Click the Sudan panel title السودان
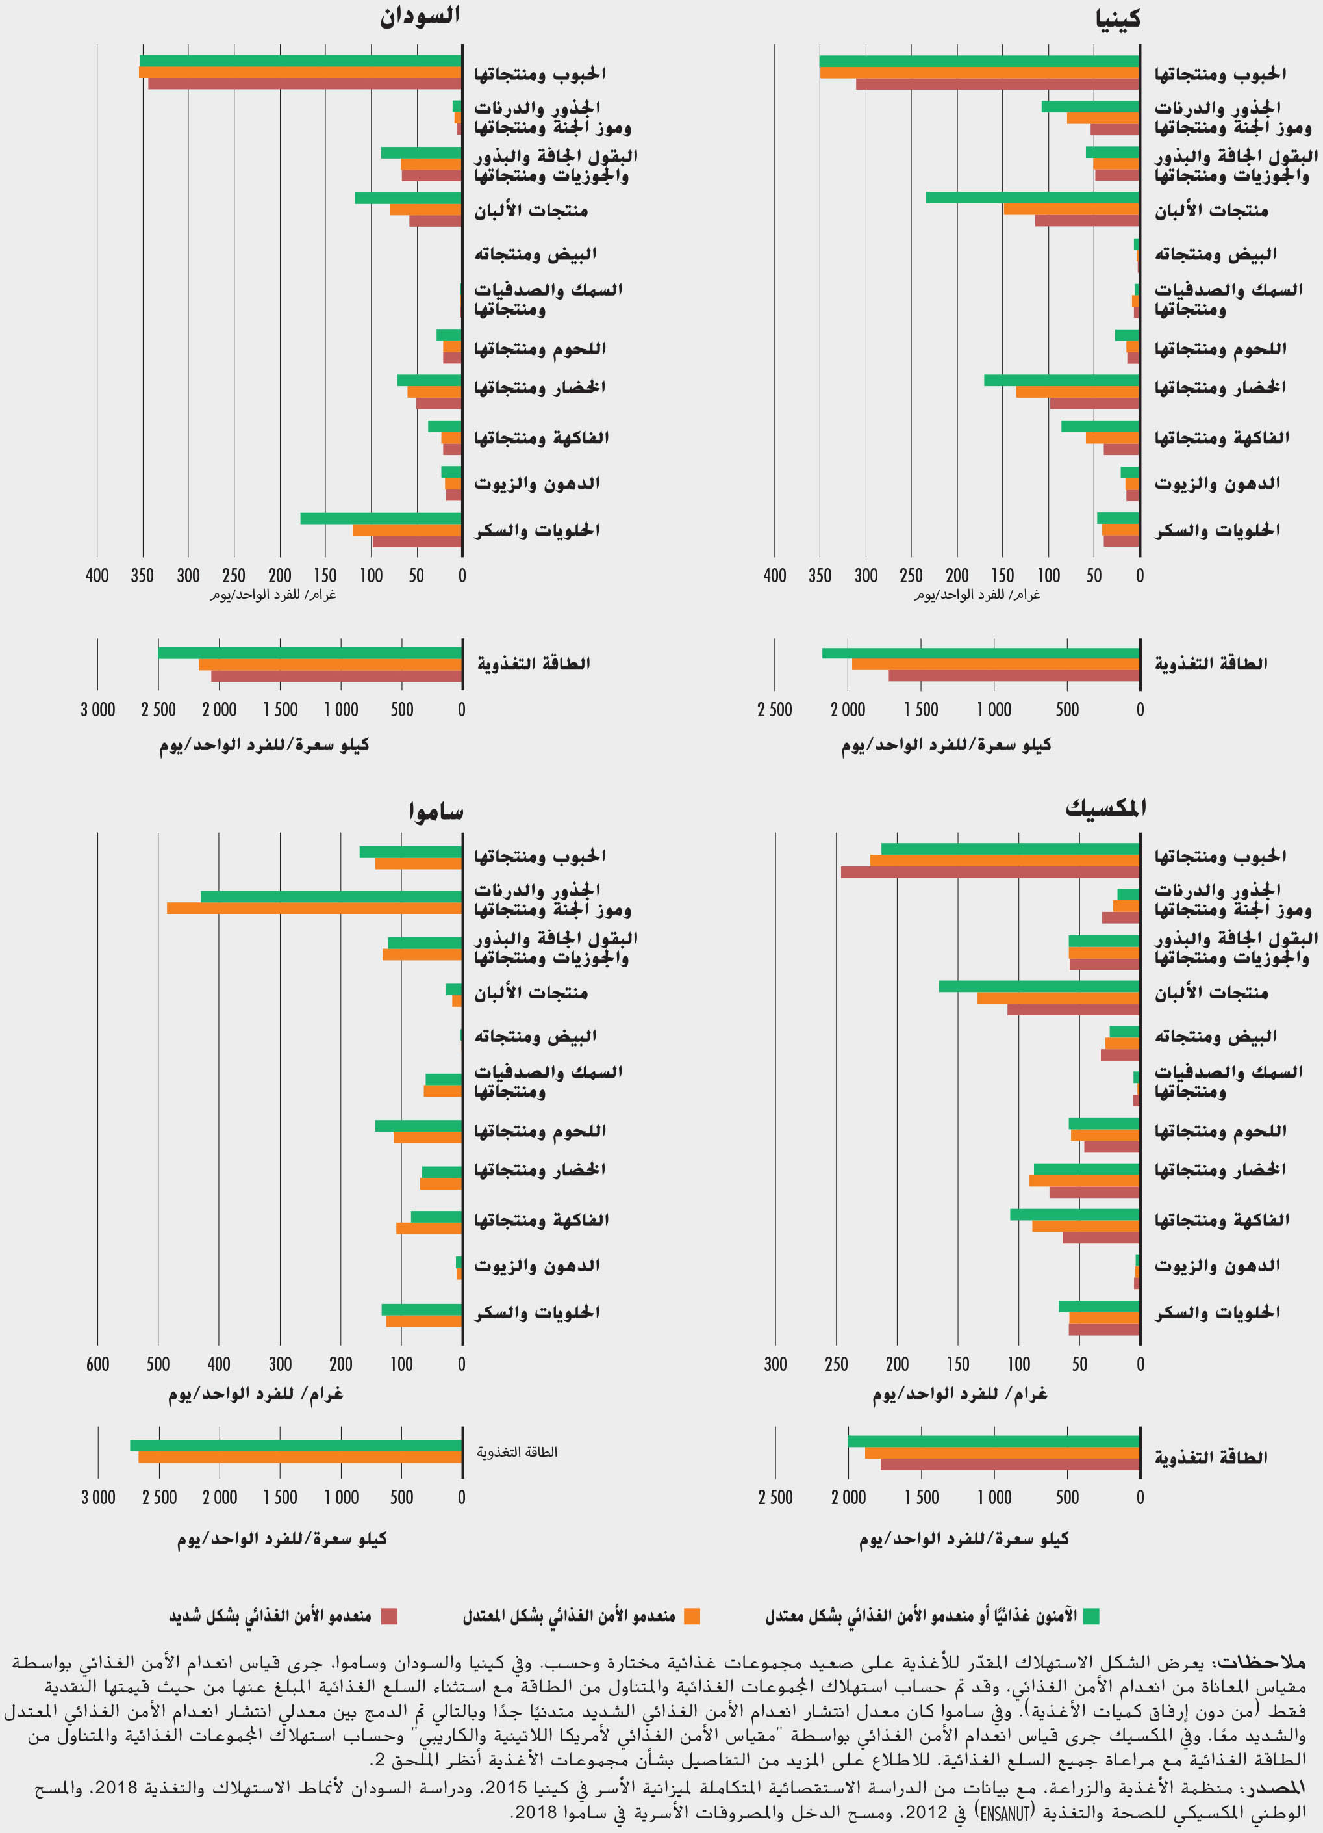click(x=420, y=16)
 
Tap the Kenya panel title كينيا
click(x=1118, y=18)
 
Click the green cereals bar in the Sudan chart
click(x=301, y=60)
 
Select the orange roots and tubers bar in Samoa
click(x=314, y=907)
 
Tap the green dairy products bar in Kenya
click(x=1032, y=197)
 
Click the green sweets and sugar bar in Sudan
click(x=381, y=518)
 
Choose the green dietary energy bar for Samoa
click(x=296, y=1445)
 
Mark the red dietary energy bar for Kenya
click(x=1014, y=675)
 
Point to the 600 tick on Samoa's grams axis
click(x=97, y=1364)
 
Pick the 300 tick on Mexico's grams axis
click(x=775, y=1364)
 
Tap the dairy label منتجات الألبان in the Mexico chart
click(x=1211, y=993)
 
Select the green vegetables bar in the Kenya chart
click(x=1061, y=380)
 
